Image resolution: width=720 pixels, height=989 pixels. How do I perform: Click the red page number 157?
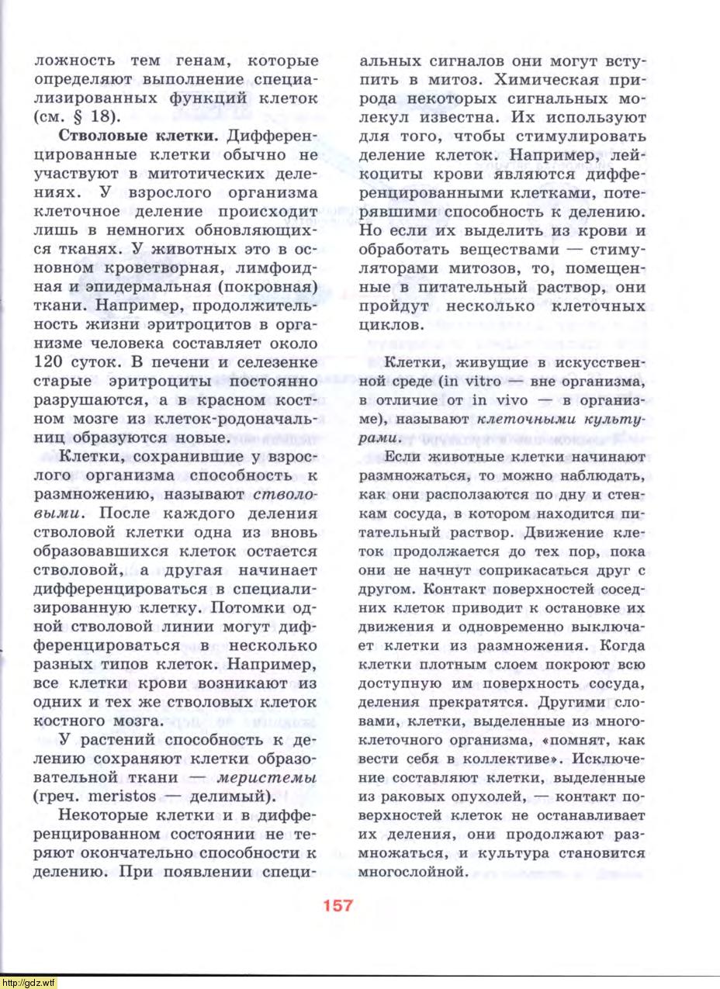337,905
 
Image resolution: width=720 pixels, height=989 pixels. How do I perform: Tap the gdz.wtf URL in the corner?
29,982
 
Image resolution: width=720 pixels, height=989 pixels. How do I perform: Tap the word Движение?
565,532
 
